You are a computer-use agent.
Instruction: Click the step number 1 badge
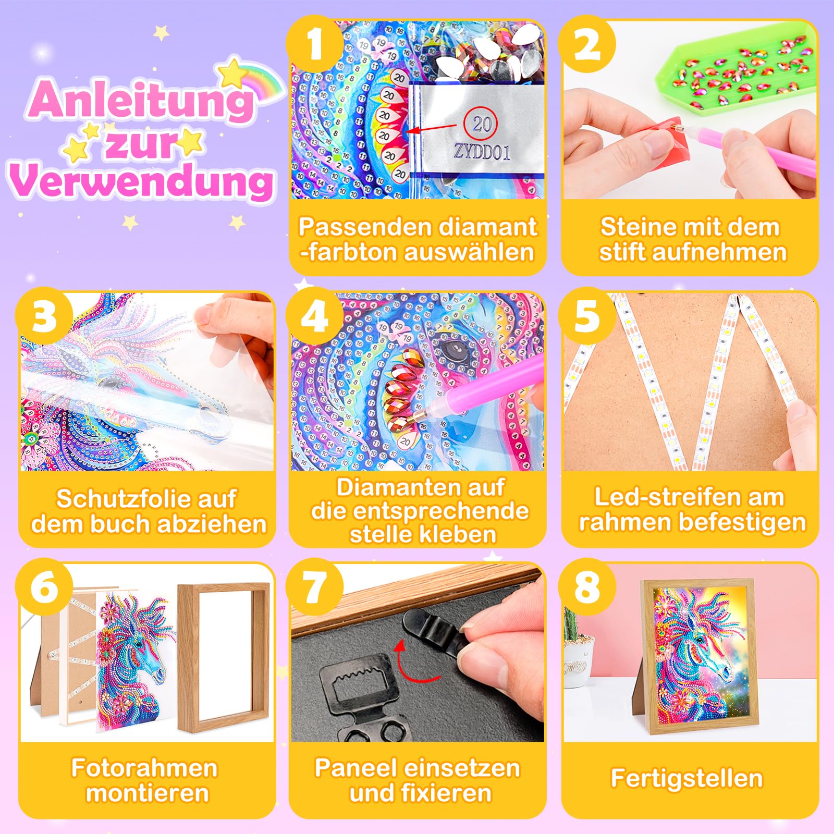point(315,44)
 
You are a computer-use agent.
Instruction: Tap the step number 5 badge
point(586,315)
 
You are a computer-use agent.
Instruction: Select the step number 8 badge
point(586,586)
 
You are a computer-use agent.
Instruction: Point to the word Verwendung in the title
point(141,180)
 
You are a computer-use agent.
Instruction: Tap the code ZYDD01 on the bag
point(482,152)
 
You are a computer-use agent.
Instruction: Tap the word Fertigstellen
point(687,778)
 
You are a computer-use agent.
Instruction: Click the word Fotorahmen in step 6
point(144,768)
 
